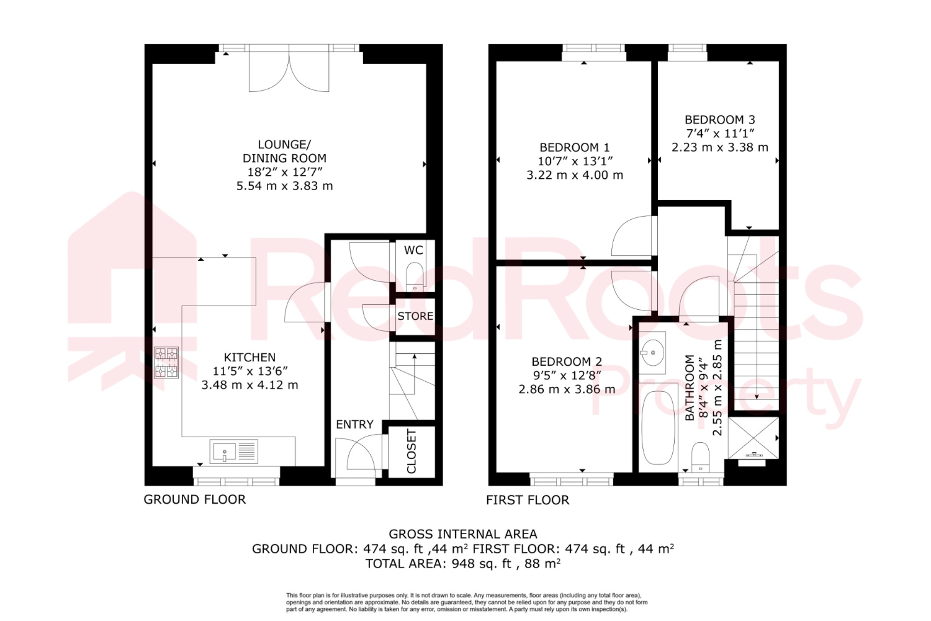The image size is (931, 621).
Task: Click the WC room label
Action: [413, 250]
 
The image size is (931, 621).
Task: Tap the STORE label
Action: [415, 316]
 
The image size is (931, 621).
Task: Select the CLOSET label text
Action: [411, 451]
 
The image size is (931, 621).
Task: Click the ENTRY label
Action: [355, 424]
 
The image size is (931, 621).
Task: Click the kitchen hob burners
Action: [166, 363]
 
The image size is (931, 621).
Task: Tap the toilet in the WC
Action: [414, 277]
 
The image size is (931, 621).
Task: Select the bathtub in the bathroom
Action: [658, 427]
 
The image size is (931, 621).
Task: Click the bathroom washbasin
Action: [652, 353]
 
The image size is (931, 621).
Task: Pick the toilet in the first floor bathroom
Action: [700, 457]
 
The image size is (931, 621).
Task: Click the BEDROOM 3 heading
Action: [720, 120]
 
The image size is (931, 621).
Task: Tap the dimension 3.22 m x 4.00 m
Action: [575, 175]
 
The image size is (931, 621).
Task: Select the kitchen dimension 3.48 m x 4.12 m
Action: [250, 385]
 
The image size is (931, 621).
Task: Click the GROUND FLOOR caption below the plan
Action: [195, 500]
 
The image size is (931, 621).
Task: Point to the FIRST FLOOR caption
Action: [527, 500]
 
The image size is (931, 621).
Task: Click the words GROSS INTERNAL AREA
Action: [463, 534]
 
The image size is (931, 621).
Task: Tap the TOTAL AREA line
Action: [463, 564]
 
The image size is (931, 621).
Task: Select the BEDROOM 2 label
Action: [567, 362]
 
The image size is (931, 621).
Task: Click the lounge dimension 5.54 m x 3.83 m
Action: [285, 186]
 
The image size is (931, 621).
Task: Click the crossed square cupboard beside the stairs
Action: [753, 438]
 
